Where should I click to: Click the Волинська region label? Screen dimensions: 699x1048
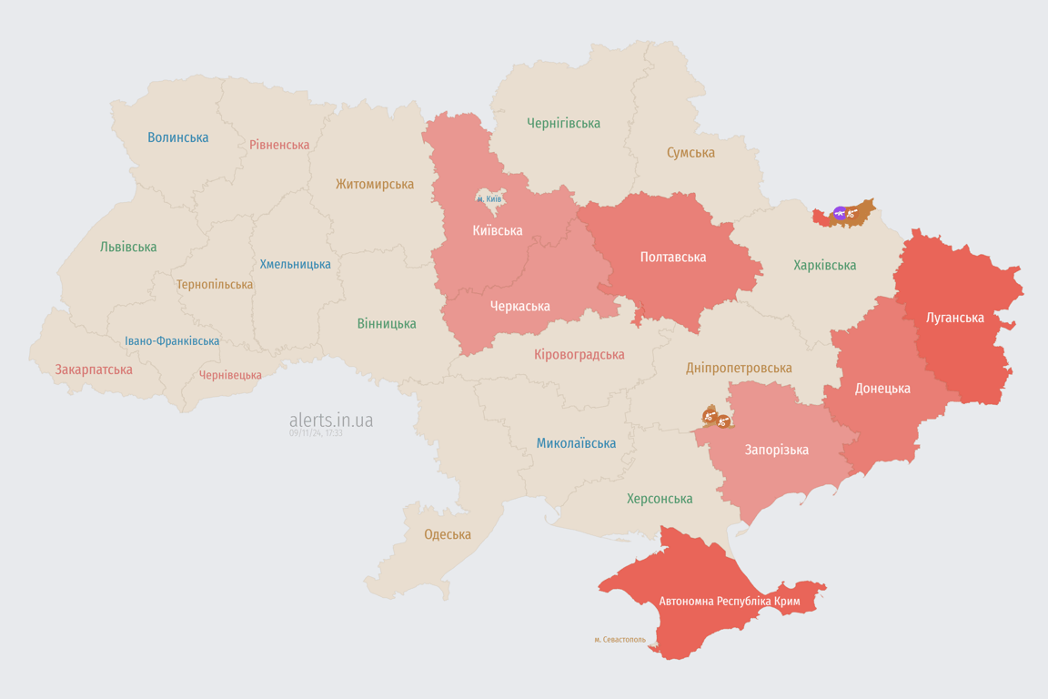tap(178, 137)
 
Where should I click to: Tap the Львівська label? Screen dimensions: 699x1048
tap(128, 247)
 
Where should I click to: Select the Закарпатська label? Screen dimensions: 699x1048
tap(94, 370)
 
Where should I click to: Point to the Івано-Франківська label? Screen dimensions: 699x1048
tap(172, 341)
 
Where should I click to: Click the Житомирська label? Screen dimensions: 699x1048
tap(375, 184)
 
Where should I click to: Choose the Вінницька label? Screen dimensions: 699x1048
tap(387, 323)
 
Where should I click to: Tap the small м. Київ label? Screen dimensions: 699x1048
tap(489, 198)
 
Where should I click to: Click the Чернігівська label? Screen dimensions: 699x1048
tap(563, 123)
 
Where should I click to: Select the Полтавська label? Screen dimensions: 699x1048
tap(673, 257)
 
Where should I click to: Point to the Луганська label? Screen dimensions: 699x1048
tap(955, 318)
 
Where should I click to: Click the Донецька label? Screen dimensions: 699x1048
tap(882, 388)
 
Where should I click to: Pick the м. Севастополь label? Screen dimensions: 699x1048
tap(620, 640)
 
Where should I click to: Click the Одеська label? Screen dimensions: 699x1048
tap(448, 534)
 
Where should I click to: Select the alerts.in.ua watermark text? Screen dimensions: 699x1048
tap(331, 420)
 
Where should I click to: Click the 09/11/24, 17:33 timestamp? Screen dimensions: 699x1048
tap(316, 433)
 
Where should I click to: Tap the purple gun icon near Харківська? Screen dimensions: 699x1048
tap(840, 214)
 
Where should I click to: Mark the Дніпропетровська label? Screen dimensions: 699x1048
tap(739, 368)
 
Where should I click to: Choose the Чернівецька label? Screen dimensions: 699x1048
tap(230, 375)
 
